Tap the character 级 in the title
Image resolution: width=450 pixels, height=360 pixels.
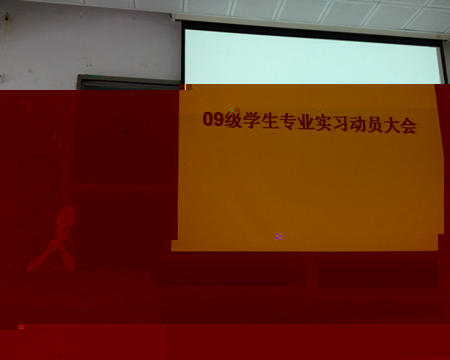(232, 121)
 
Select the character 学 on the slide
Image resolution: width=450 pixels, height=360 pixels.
(251, 121)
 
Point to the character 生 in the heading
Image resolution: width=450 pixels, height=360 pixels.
(269, 121)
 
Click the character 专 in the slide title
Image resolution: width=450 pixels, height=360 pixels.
(288, 122)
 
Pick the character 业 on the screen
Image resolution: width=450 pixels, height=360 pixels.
(306, 122)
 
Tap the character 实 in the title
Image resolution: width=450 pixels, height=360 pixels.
(325, 123)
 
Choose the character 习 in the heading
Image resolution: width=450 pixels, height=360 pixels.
(343, 124)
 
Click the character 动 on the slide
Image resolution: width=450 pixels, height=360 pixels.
(362, 124)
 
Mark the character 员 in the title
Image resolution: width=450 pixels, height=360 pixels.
(381, 125)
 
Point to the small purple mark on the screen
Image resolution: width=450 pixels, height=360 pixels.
(278, 236)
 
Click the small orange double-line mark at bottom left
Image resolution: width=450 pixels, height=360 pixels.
(21, 327)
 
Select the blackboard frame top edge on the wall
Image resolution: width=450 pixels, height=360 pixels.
(127, 78)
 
